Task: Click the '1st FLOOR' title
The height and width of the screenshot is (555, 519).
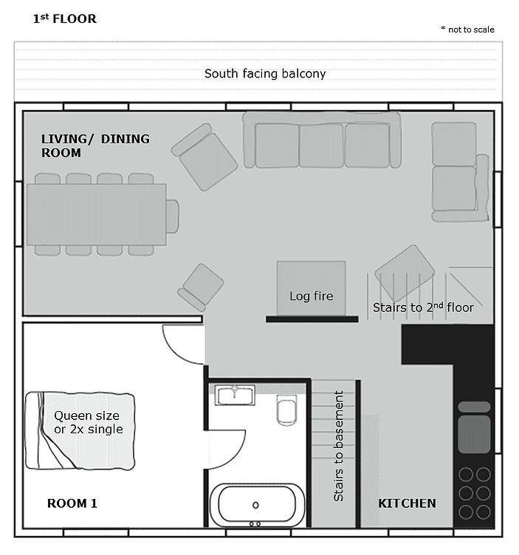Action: pos(64,18)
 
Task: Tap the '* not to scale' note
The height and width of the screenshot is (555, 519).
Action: pos(467,30)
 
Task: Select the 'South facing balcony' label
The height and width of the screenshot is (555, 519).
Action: pos(265,74)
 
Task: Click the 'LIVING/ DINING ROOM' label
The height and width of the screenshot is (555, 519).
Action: pos(95,145)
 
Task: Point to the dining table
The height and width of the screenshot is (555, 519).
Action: pos(96,215)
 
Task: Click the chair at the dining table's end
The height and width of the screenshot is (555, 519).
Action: pos(173,216)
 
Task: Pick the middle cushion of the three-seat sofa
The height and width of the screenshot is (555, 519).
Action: pos(321,145)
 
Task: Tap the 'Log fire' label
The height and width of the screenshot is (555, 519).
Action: pos(312,296)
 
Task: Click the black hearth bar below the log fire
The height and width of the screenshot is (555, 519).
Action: pos(312,320)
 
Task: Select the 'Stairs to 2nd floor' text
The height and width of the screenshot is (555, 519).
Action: pos(423,307)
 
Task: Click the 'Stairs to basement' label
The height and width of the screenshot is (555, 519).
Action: pos(339,446)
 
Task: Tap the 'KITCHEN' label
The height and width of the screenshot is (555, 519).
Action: pos(407,503)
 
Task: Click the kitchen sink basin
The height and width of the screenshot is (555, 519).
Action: pos(474,434)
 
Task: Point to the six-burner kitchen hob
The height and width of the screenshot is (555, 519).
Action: pos(475,494)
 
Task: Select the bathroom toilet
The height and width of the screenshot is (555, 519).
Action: pos(286,410)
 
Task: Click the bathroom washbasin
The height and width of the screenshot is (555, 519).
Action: pos(235,395)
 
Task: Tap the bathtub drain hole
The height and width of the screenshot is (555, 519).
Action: pos(255,505)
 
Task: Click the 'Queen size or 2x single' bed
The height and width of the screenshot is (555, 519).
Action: pos(80,431)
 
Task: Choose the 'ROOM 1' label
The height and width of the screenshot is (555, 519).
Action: pos(72,503)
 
